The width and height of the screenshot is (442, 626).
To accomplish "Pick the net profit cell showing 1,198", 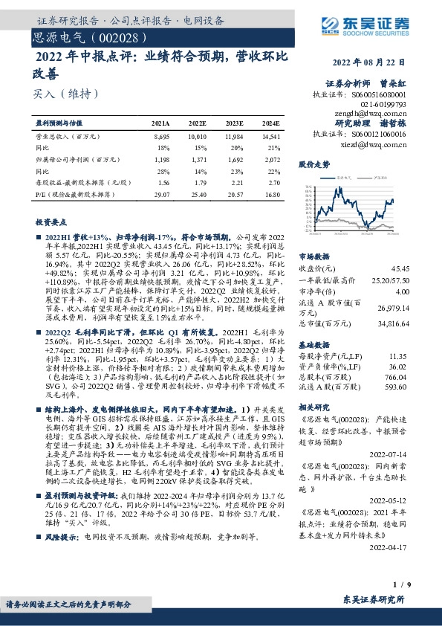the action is click(x=160, y=160).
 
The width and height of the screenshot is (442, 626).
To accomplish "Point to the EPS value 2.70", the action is click(x=273, y=182).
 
